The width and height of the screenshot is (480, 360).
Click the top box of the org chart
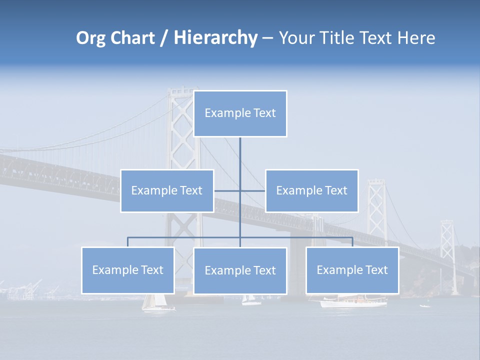[240, 113]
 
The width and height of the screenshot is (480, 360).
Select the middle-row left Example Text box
[167, 191]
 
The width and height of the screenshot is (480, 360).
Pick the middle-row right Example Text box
[311, 191]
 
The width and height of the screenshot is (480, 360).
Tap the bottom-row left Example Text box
[128, 270]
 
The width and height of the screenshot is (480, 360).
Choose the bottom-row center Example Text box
[240, 271]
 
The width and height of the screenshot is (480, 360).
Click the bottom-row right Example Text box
[352, 270]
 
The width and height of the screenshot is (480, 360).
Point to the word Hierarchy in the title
[215, 38]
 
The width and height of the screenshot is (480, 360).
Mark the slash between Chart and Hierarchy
[164, 38]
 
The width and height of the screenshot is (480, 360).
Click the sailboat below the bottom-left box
[155, 303]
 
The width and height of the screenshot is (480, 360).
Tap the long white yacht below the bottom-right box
[353, 301]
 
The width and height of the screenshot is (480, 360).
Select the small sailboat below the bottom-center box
[250, 300]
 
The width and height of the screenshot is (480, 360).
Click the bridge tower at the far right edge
[447, 250]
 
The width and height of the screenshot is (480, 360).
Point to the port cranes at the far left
[25, 289]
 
